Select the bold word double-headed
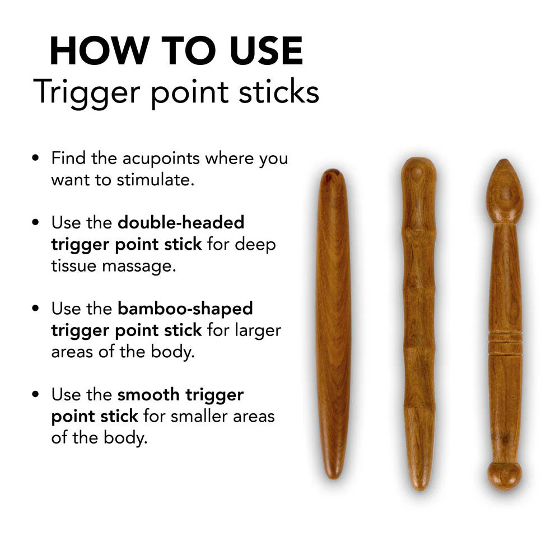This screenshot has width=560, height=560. [181, 222]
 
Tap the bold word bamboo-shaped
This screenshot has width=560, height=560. [185, 308]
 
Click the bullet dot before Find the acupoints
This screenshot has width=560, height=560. [36, 158]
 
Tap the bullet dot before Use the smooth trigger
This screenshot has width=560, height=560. [36, 395]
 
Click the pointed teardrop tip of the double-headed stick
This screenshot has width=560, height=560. [504, 168]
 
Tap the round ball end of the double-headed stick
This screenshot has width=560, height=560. [504, 475]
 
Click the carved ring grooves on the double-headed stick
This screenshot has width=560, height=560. [505, 343]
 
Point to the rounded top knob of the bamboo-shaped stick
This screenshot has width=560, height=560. [418, 171]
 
